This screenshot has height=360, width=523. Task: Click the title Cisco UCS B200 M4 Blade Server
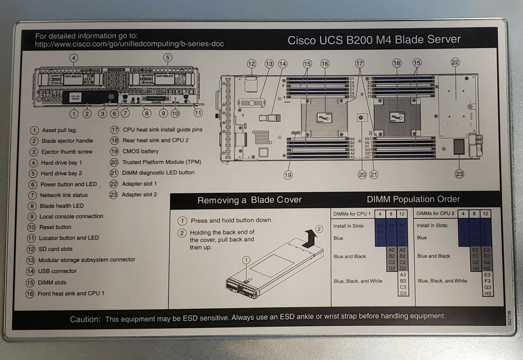(x=374, y=40)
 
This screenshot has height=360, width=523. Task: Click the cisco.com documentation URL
(x=129, y=44)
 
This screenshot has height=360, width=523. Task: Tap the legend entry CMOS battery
(x=141, y=151)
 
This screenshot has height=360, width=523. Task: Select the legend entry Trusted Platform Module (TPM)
(x=161, y=162)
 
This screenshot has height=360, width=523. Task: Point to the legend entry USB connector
(x=57, y=271)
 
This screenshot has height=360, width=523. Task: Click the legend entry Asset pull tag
(x=58, y=130)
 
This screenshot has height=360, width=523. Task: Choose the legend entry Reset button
(x=56, y=227)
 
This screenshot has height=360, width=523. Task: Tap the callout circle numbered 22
(x=455, y=63)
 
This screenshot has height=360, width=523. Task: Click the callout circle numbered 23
(x=459, y=174)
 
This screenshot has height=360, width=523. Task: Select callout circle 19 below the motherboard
(x=288, y=175)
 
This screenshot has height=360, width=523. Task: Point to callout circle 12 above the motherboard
(x=251, y=64)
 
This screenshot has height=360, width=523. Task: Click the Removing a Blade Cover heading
(x=249, y=200)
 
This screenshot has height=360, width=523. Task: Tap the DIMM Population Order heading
(x=413, y=199)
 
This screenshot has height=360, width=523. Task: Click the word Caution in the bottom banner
(x=84, y=319)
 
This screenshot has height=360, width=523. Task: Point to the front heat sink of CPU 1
(x=325, y=118)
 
